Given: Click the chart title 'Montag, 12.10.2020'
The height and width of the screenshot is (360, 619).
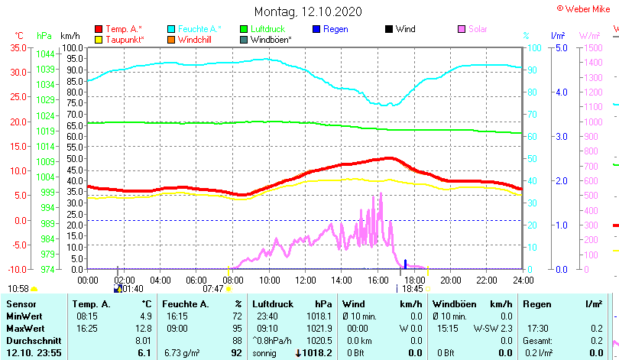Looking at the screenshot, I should (308, 11).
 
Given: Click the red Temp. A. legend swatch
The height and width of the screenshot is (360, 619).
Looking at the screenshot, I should (99, 29).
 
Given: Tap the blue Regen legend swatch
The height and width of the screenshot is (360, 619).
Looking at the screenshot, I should (317, 29).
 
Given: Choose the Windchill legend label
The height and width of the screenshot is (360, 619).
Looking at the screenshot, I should (196, 39).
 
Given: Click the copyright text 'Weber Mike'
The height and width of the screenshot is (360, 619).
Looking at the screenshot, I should (587, 8).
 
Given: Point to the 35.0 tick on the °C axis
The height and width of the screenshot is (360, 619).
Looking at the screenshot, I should (18, 47).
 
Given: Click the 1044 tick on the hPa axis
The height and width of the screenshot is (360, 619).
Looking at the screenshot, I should (45, 54).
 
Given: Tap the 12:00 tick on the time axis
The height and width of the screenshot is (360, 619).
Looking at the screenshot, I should (305, 279).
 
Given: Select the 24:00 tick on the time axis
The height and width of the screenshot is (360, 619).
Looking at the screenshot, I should (523, 279).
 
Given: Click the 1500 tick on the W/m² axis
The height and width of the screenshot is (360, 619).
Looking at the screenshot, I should (591, 47).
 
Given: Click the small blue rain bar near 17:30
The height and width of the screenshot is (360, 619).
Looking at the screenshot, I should (405, 264).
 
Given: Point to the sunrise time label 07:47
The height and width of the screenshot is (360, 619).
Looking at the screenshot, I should (213, 289).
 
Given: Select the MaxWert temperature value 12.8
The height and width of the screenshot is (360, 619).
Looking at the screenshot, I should (144, 328).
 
